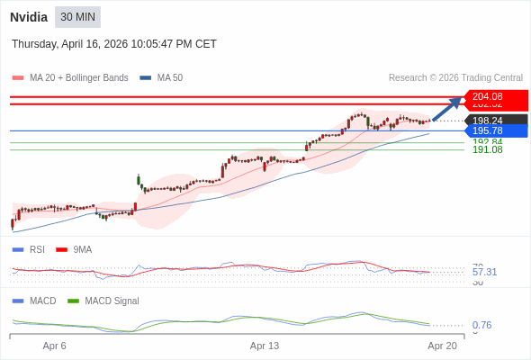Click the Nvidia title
[x=29, y=17]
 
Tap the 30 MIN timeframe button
[x=77, y=17]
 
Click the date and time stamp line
[x=114, y=44]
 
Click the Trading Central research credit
[x=455, y=78]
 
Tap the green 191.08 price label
[x=488, y=149]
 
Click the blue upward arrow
[x=447, y=108]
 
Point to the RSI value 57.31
[x=484, y=272]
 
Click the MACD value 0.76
[x=481, y=325]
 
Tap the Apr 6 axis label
[x=55, y=346]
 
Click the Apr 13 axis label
[x=265, y=346]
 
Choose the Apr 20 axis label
[x=442, y=346]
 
